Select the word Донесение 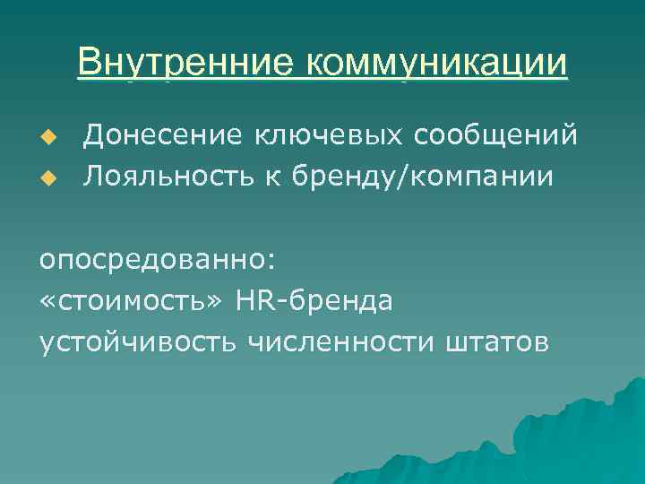click(x=151, y=135)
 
